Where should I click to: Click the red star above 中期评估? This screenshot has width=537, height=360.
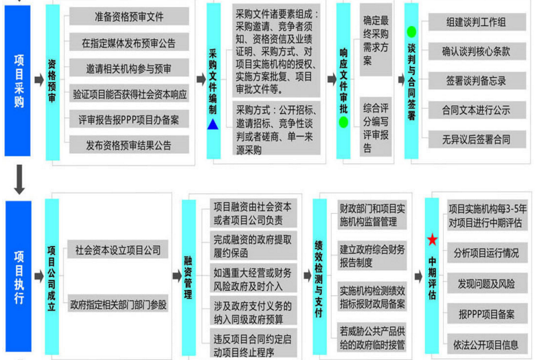[x=432, y=240]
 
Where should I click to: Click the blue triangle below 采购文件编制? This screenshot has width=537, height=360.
[x=213, y=124]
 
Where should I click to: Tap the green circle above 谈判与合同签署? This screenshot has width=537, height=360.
[x=411, y=32]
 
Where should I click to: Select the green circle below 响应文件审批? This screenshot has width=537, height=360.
[x=343, y=122]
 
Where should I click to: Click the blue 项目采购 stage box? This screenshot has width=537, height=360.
[x=17, y=80]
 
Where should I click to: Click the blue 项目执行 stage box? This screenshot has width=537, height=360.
[x=19, y=276]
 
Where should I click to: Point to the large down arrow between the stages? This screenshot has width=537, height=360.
[x=19, y=179]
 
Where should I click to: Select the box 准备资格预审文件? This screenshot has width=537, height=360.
[x=129, y=16]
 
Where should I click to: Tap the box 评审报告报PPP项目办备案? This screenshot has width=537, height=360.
[x=129, y=120]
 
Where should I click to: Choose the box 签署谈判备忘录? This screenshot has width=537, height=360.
[x=477, y=80]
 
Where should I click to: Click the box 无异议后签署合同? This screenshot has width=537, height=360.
[x=477, y=139]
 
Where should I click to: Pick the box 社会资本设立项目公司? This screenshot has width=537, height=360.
[x=118, y=249]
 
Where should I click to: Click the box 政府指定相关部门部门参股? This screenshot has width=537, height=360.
[x=118, y=304]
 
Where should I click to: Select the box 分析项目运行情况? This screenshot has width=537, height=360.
[x=487, y=253]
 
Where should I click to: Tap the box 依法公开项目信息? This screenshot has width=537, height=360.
[x=487, y=344]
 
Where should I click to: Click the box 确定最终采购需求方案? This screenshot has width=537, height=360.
[x=376, y=40]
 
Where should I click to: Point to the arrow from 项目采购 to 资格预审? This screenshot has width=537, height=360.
[x=39, y=80]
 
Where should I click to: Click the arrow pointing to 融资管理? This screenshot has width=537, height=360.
[x=176, y=275]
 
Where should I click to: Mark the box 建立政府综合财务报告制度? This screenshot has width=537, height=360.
[x=372, y=255]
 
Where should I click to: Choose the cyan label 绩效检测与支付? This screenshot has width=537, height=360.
[x=319, y=276]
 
